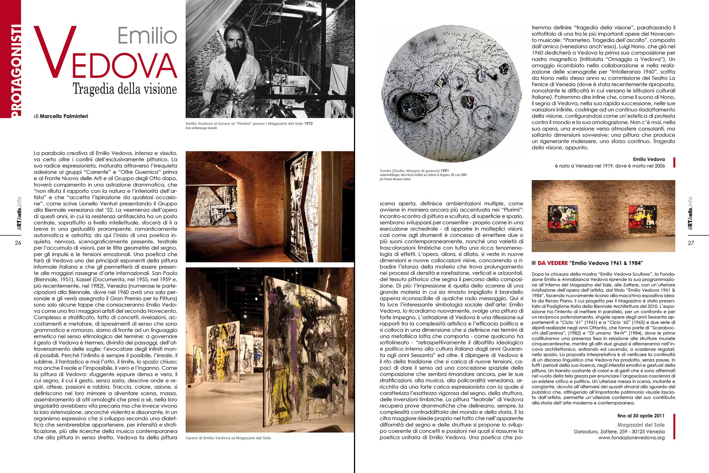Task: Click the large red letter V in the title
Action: pos(55,53)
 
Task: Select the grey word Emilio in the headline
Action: pos(147,36)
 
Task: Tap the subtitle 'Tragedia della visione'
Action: pos(125,89)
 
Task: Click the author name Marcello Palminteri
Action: pos(64,116)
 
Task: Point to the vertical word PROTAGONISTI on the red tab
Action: pos(16,71)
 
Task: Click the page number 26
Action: pos(18,243)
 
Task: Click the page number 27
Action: pos(691,243)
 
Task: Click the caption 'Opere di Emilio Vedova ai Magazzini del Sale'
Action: pos(228,438)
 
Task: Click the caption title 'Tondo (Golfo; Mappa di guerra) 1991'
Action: pos(414,171)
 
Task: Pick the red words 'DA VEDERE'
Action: pos(553,263)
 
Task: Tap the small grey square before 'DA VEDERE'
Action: pos(533,263)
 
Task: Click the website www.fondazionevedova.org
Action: pos(631,438)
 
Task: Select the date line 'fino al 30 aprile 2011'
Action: pos(641,416)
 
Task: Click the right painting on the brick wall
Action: pos(642,216)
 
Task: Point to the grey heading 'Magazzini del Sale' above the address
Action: pos(641,425)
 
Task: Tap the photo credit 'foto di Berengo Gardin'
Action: pos(201,128)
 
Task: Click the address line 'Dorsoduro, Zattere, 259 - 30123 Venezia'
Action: pos(619,431)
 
